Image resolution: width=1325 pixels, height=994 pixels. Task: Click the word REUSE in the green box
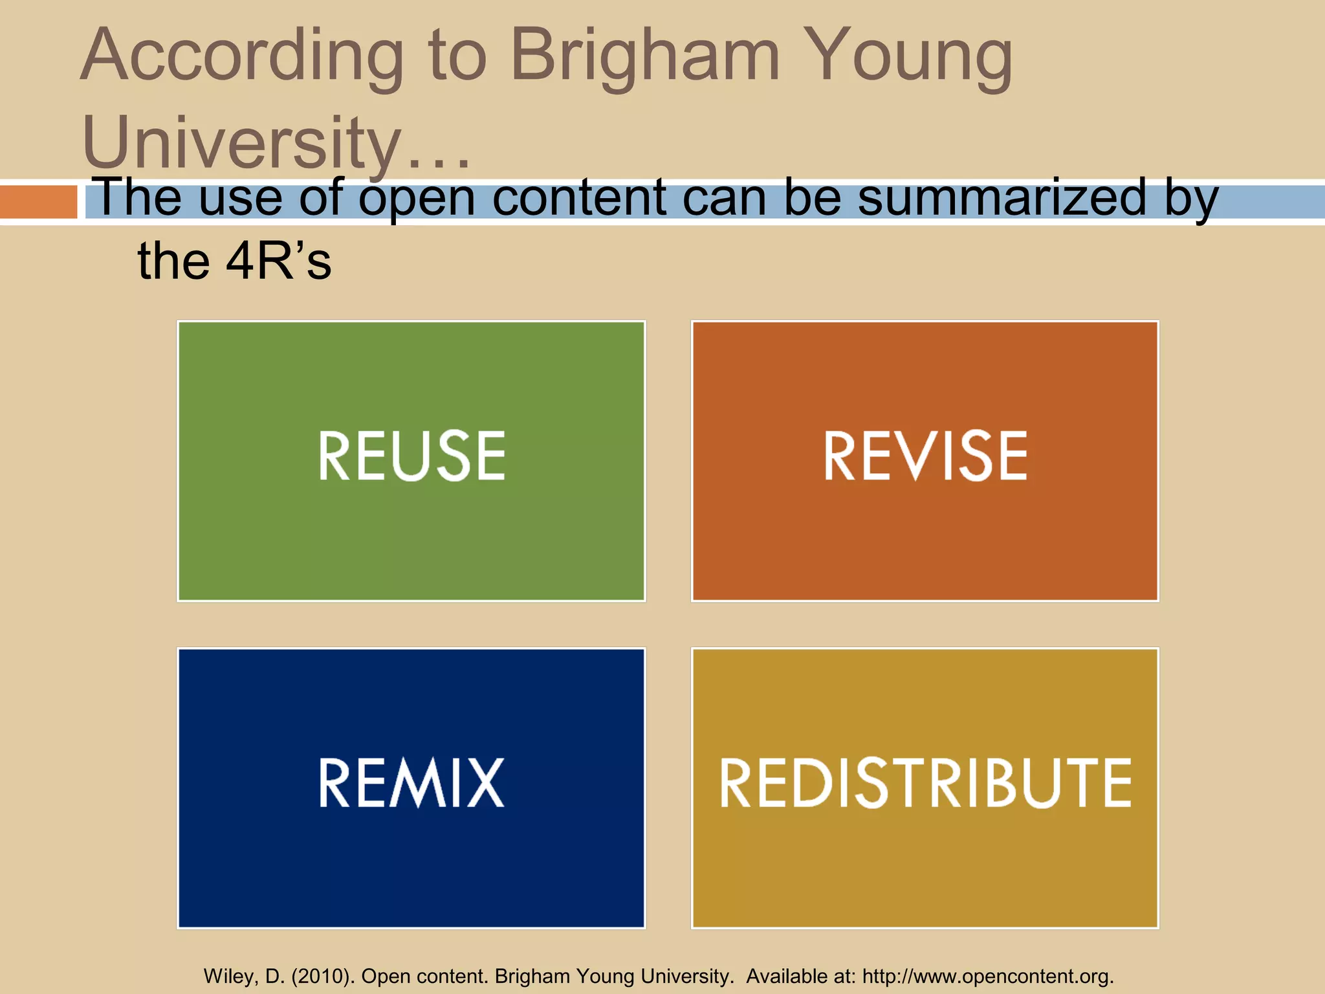tap(411, 456)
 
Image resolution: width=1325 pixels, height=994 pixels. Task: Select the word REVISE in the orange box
tap(925, 456)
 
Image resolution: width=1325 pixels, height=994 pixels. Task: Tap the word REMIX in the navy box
tap(411, 782)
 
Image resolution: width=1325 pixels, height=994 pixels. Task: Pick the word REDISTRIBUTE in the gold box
tap(925, 782)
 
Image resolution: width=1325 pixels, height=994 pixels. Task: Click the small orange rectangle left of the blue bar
tap(38, 201)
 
